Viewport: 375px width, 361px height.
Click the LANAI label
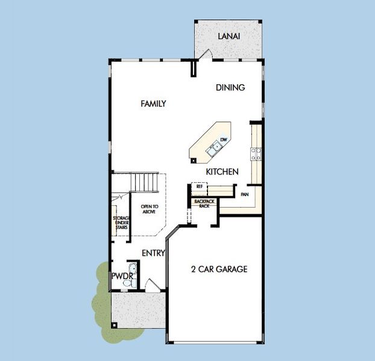tap(228, 36)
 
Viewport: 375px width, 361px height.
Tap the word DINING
tap(230, 88)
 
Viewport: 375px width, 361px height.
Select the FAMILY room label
tap(153, 103)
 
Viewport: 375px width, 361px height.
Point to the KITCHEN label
tap(222, 172)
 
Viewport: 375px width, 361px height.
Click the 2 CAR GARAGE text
tap(219, 269)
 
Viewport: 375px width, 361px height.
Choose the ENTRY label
tap(153, 253)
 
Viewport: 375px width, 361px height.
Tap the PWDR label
tap(121, 276)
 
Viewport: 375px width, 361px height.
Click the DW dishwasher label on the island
tap(222, 140)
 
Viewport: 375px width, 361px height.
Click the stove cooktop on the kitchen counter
tap(256, 154)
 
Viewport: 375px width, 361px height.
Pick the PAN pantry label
tap(244, 195)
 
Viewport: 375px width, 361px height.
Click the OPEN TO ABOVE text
tap(149, 209)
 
